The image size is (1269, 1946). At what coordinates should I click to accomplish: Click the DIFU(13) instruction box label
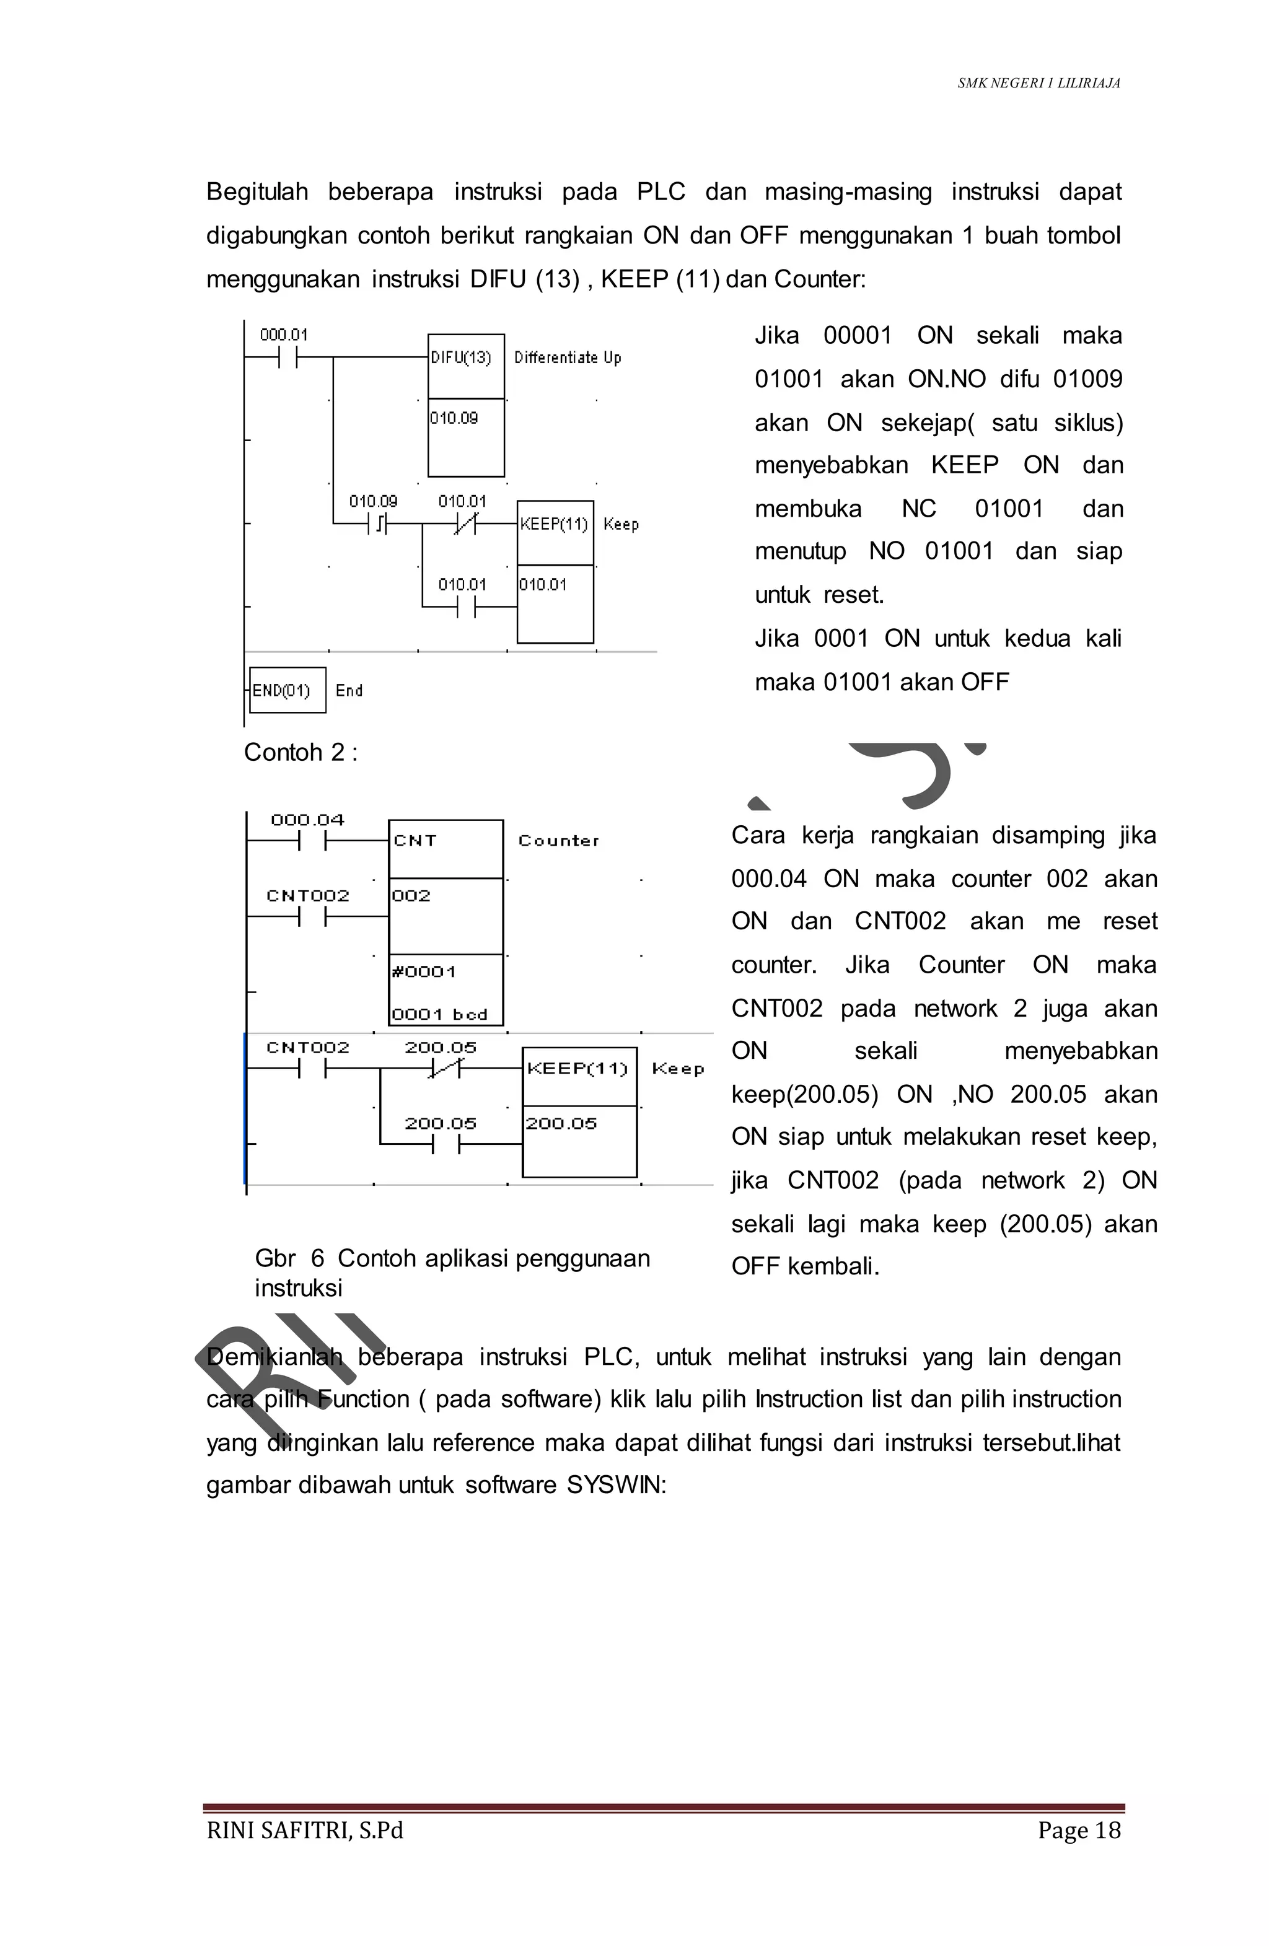tap(460, 357)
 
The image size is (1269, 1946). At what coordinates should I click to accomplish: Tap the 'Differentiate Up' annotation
tap(568, 357)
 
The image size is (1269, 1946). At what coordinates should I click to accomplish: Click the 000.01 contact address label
tap(284, 335)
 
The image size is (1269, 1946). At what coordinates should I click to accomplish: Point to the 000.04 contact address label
tap(307, 819)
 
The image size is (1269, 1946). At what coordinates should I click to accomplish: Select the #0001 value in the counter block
tap(424, 971)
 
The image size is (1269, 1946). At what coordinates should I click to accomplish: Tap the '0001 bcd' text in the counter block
tap(439, 1014)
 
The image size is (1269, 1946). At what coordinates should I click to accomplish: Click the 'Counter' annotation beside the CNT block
tap(558, 841)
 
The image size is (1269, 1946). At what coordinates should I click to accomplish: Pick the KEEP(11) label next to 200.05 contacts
tap(577, 1068)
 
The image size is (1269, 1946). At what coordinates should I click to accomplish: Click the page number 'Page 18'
tap(1079, 1830)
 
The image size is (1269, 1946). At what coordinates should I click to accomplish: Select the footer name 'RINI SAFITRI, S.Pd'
tap(305, 1830)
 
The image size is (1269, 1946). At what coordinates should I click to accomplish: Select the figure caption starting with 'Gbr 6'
tap(452, 1273)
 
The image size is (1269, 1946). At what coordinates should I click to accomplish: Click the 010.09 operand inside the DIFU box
tap(454, 418)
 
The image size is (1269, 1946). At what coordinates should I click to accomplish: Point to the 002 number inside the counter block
tap(411, 895)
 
